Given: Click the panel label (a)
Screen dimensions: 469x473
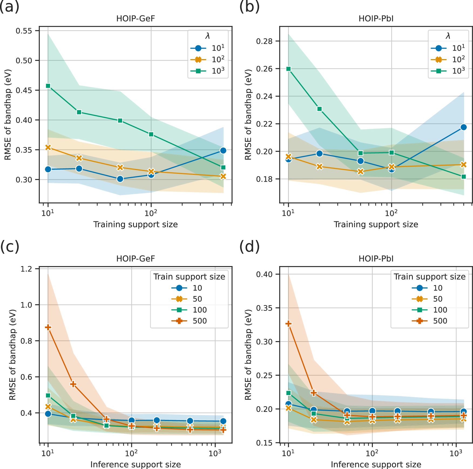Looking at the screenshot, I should click(x=10, y=6).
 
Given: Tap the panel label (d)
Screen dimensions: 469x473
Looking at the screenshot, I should click(x=249, y=247).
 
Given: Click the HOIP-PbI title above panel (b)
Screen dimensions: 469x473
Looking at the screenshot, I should click(x=376, y=19).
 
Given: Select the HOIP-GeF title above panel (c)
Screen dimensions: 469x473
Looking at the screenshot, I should click(x=136, y=259).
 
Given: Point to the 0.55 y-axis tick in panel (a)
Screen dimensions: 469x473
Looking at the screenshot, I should click(x=24, y=31).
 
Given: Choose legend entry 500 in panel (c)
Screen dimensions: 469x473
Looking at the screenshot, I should click(x=189, y=321).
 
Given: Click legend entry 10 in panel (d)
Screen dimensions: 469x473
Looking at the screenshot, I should click(x=429, y=288).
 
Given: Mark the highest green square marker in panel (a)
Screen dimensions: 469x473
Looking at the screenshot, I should click(x=48, y=86).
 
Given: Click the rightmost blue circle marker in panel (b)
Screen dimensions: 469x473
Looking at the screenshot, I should click(x=464, y=127).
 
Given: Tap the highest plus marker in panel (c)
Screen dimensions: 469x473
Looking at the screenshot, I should click(x=48, y=327).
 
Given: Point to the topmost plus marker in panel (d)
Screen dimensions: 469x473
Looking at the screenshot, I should click(x=289, y=324).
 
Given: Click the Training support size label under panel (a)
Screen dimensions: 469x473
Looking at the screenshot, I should click(x=136, y=225).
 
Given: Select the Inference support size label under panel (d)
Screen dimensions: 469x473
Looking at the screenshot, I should click(x=376, y=464).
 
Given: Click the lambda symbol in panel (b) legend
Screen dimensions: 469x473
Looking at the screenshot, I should click(x=448, y=36).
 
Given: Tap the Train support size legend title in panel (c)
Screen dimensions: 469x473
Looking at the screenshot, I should click(x=189, y=277).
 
